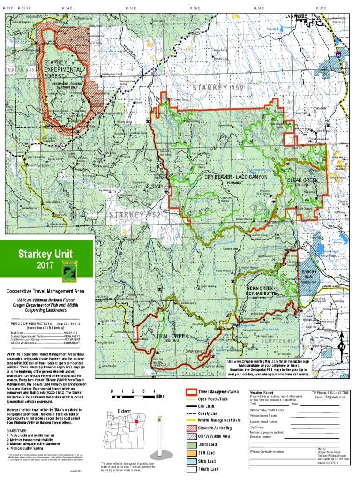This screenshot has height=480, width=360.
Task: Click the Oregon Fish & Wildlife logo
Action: coord(70,270)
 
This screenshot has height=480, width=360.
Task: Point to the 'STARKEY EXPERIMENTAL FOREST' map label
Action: coord(63,69)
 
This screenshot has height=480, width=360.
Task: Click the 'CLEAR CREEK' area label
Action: coord(303,180)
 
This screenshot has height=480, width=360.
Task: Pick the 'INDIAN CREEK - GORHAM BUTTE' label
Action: coord(265,291)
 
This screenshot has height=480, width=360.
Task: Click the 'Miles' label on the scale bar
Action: coord(160,383)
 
